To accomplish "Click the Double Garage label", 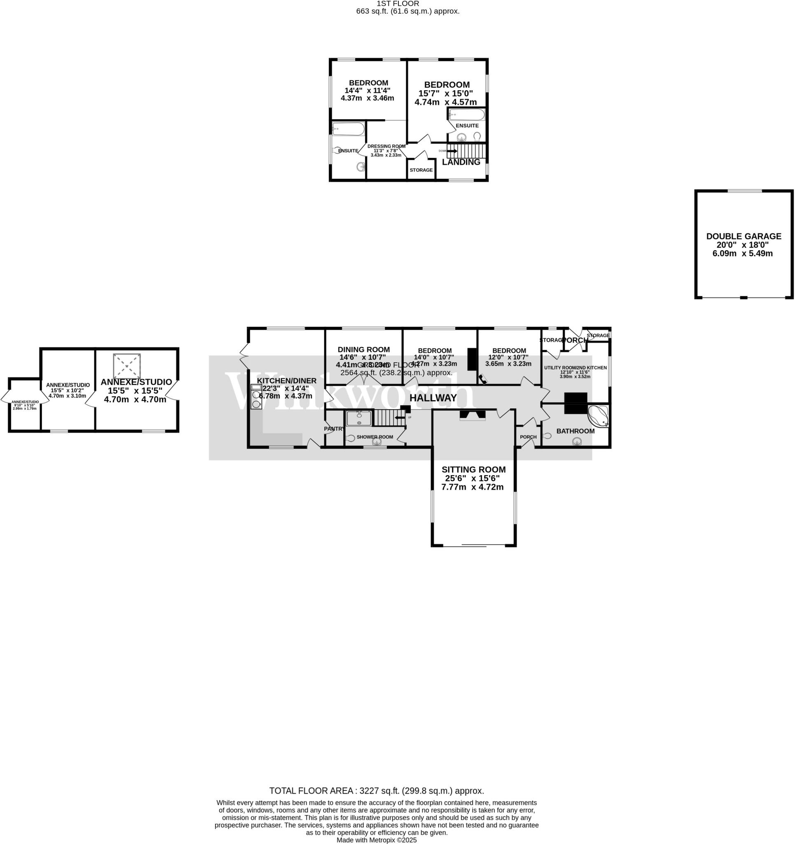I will coord(743,236).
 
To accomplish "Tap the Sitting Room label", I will coord(473,469).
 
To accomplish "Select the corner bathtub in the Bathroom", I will coord(598,416).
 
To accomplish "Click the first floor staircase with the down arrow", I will coord(465,150).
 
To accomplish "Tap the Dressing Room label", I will coord(386,146).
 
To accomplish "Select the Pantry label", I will coord(334,429).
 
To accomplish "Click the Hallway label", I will coord(433,398).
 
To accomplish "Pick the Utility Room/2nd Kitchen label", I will coord(575,368).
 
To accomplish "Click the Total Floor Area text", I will coord(377,791).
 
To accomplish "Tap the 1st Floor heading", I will coord(398,4).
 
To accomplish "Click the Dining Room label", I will coord(363,349).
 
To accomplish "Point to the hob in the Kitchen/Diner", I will coord(256,399).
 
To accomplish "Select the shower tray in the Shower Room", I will coord(359,418).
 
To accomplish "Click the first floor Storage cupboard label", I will coord(421,170).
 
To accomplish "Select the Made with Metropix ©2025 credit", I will coord(377,840).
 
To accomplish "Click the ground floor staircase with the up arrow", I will coord(389,418).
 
